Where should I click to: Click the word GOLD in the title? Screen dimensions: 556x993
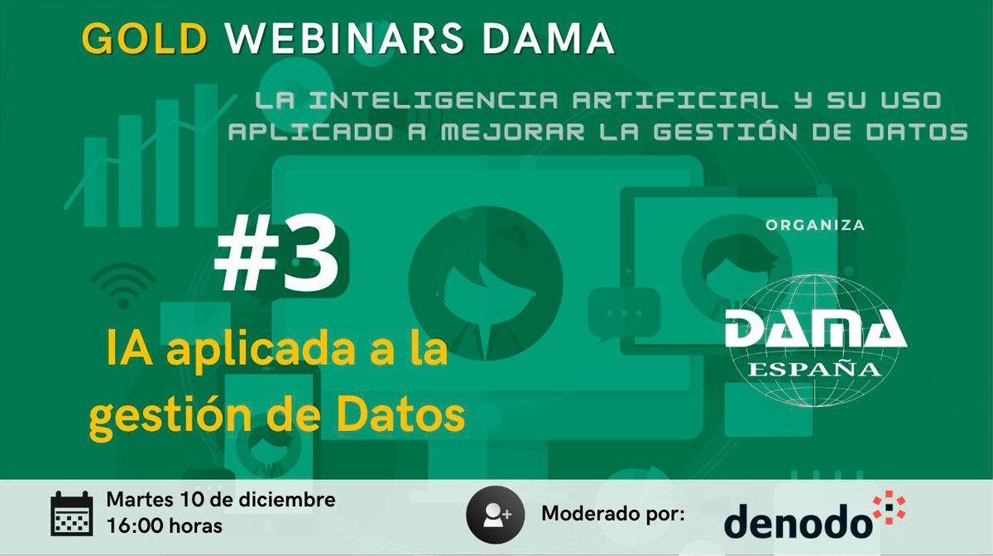145,38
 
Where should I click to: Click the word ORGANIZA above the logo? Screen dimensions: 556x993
815,225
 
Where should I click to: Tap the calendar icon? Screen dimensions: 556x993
72,514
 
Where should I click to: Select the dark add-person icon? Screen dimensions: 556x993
495,514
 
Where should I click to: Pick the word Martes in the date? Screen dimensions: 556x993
137,500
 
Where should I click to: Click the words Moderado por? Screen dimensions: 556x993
613,514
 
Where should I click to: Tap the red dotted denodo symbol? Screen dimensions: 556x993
889,509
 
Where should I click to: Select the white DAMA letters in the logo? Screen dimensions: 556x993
815,328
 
